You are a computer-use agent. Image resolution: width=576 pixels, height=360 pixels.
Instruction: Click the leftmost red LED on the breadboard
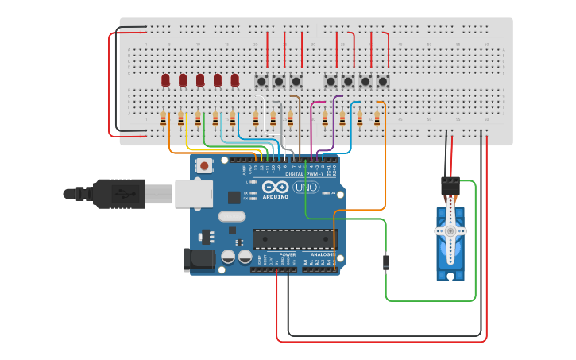click(165, 80)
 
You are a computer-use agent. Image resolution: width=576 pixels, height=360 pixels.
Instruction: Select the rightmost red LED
click(234, 80)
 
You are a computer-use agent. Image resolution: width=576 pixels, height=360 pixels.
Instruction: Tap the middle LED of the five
click(200, 80)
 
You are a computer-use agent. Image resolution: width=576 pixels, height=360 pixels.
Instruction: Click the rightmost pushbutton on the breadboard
click(382, 81)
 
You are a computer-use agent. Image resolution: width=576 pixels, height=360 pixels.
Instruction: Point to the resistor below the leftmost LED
click(164, 119)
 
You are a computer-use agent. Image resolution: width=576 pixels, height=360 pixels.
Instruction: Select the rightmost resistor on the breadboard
click(377, 119)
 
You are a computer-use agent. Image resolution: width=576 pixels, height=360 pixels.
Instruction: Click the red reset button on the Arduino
click(205, 166)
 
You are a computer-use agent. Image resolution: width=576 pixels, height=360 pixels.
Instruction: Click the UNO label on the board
click(306, 187)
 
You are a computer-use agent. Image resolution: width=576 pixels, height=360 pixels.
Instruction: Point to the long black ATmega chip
click(294, 238)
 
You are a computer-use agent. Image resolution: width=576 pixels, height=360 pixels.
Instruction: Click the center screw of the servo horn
click(450, 231)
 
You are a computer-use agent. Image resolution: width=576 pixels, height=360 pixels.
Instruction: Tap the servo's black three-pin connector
click(450, 185)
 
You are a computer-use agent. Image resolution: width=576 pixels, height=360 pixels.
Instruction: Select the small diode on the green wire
click(386, 261)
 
